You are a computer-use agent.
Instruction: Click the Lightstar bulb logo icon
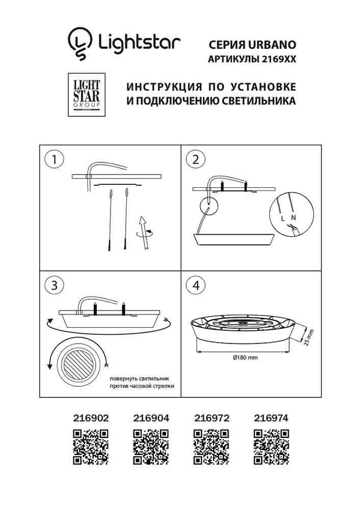[x=80, y=42]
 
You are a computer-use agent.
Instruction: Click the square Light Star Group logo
[x=85, y=95]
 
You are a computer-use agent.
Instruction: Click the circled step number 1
[x=53, y=159]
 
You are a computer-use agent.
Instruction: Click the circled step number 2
[x=195, y=159]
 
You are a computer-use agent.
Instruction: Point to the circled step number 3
[x=53, y=286]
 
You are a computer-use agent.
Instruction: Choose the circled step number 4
[x=195, y=286]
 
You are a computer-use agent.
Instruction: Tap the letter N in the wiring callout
[x=293, y=217]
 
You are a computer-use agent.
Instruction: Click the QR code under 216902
[x=91, y=446]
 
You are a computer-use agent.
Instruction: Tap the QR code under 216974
[x=271, y=446]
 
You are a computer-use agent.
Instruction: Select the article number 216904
[x=150, y=418]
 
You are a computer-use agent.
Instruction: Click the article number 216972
[x=211, y=418]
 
